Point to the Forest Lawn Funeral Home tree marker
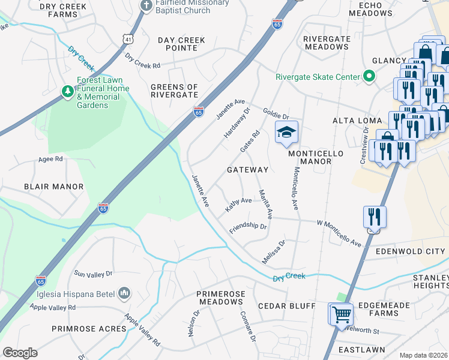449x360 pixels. coord(68,91)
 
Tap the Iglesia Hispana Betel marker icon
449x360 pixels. coord(125,292)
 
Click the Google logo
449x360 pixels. coord(20,353)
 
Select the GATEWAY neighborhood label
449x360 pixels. coord(247,170)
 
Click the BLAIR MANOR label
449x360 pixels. coord(53,187)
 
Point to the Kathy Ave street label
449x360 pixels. coord(238,203)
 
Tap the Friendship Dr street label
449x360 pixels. coord(247,228)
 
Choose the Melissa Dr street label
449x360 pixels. coord(273,251)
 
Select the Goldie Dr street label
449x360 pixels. coord(276,113)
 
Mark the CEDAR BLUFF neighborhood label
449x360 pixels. coord(286,306)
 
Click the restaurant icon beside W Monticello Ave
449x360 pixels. coord(375,218)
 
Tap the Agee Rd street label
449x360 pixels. coord(50,159)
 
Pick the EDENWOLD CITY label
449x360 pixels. coord(411,251)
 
